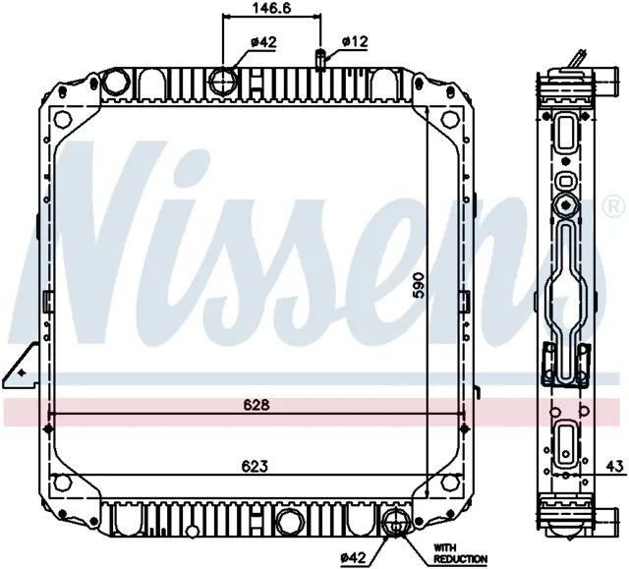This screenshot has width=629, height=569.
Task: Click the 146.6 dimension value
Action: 272,8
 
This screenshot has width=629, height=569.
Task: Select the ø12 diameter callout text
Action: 355,41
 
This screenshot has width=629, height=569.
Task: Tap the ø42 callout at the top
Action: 263,41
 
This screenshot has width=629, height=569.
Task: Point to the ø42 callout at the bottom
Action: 353,557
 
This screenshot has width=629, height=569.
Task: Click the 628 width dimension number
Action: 257,405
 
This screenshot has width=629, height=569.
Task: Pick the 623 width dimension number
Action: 255,466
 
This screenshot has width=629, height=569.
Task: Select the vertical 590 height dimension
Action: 419,285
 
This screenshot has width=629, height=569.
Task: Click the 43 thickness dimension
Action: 616,466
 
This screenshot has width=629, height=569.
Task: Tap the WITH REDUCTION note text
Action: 461,553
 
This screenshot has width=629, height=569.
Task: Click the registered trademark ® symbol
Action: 614,207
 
